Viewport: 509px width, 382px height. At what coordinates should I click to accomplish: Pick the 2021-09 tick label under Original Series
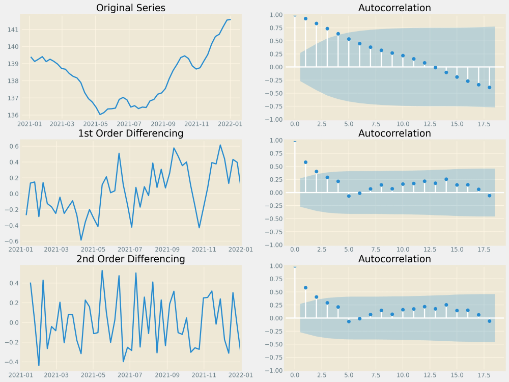(165, 124)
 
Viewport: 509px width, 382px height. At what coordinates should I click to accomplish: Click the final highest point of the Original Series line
(230, 19)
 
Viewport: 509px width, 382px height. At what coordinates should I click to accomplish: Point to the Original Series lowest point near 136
(100, 115)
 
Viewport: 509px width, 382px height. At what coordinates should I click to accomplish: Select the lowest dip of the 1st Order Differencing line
(81, 240)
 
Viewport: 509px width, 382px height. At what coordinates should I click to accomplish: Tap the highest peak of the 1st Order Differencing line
(220, 145)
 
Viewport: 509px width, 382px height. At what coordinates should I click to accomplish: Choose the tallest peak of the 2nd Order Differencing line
(102, 270)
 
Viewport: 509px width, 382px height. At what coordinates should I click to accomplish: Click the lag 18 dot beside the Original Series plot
(489, 88)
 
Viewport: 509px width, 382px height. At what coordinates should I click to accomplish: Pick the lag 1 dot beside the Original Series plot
(305, 19)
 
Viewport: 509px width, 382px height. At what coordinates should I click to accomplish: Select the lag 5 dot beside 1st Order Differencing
(349, 196)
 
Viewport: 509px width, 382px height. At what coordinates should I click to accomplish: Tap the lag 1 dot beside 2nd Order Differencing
(305, 288)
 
